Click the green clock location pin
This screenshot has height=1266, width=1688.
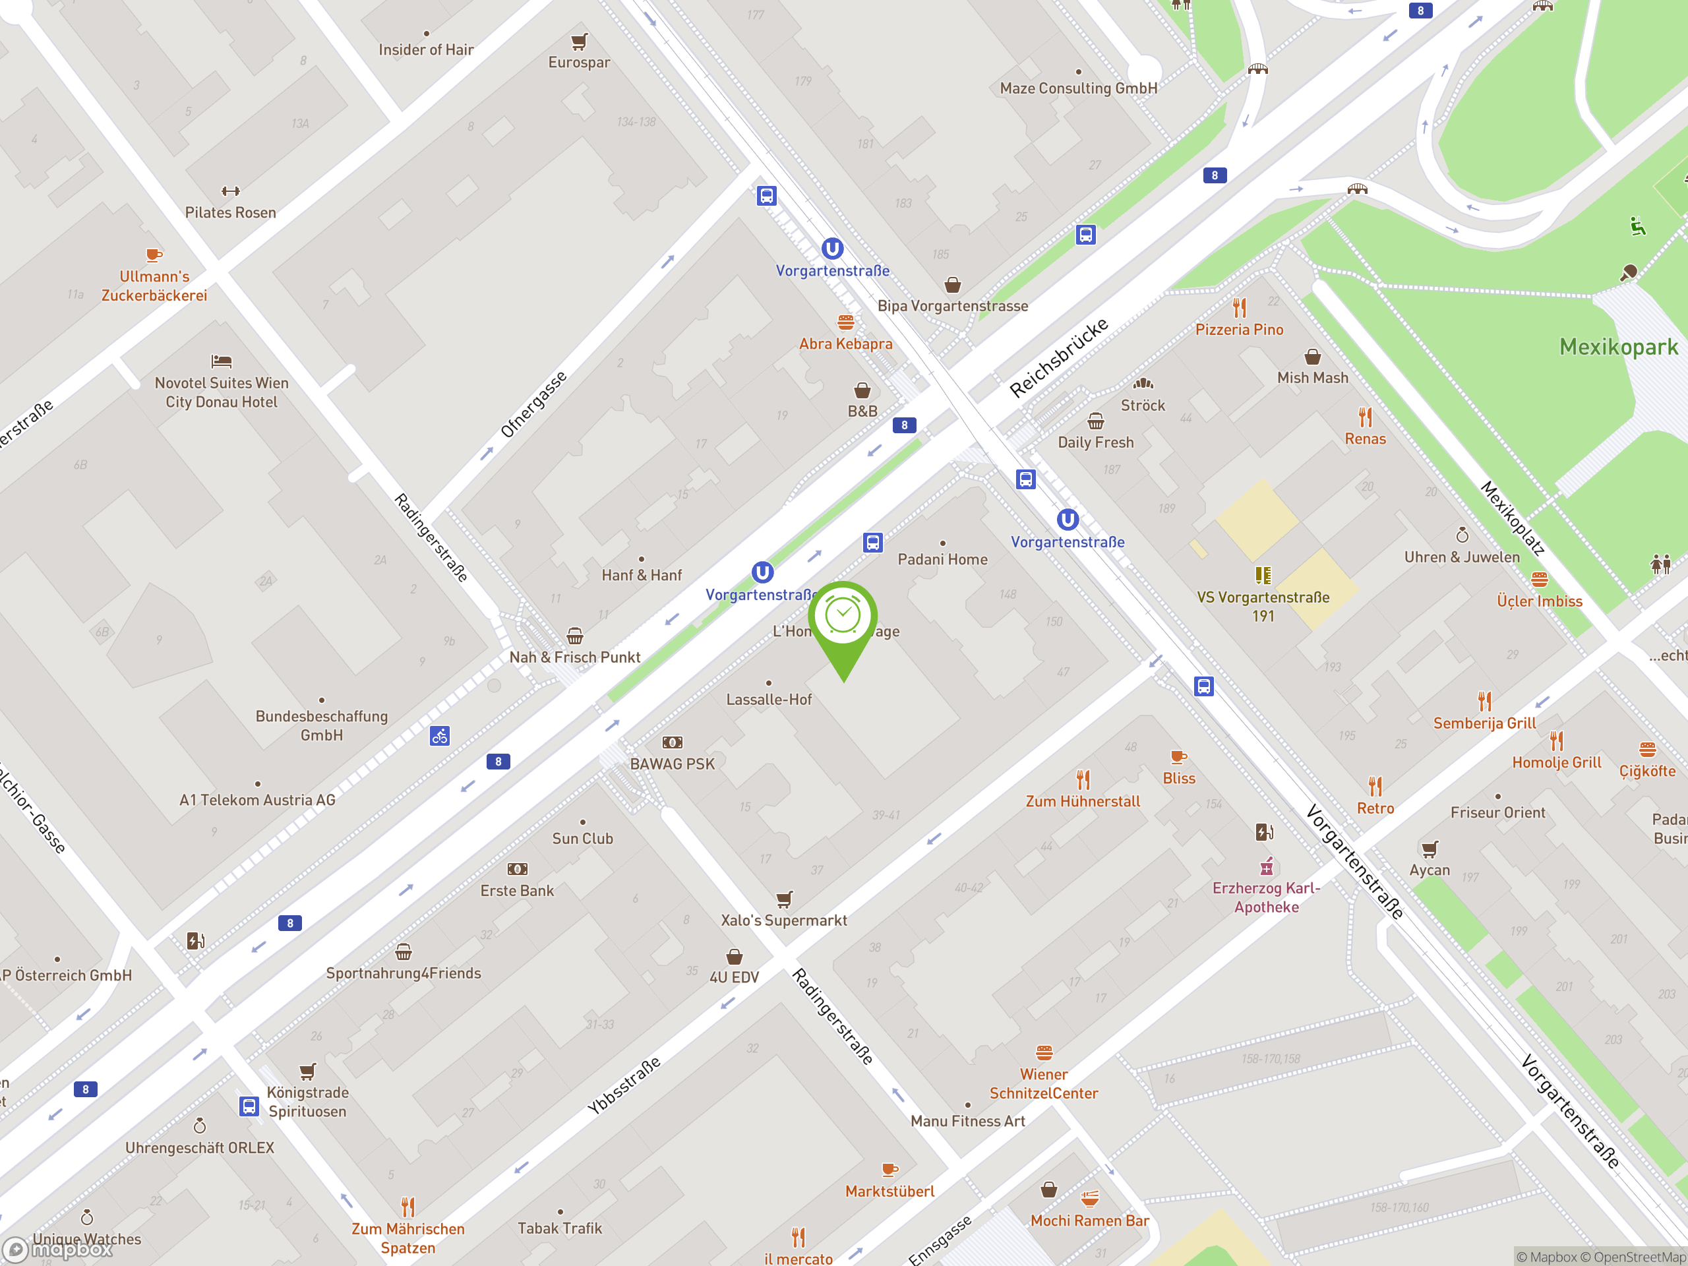pyautogui.click(x=843, y=617)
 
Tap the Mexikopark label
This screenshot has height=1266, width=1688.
pyautogui.click(x=1618, y=347)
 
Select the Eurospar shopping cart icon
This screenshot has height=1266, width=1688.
pyautogui.click(x=579, y=41)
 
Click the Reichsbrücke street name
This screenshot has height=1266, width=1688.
pyautogui.click(x=1058, y=358)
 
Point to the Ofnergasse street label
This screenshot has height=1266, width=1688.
pyautogui.click(x=533, y=404)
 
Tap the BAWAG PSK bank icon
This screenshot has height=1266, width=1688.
pyautogui.click(x=671, y=742)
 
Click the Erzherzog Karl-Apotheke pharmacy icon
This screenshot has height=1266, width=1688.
pyautogui.click(x=1266, y=867)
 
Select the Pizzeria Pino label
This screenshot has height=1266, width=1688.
pyautogui.click(x=1238, y=330)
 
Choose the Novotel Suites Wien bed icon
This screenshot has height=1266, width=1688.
pyautogui.click(x=222, y=361)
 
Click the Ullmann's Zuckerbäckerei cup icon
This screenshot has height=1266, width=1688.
pyautogui.click(x=154, y=255)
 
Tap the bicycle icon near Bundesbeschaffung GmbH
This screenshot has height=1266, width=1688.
pyautogui.click(x=440, y=737)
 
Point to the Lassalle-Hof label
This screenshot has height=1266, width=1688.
pyautogui.click(x=768, y=700)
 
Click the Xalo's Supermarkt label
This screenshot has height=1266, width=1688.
pyautogui.click(x=784, y=920)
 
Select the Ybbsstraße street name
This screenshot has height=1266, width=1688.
pyautogui.click(x=624, y=1086)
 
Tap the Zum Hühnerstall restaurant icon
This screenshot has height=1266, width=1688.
pyautogui.click(x=1083, y=780)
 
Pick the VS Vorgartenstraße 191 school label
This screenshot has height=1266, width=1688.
pyautogui.click(x=1262, y=607)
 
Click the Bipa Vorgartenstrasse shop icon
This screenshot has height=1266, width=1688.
pyautogui.click(x=952, y=286)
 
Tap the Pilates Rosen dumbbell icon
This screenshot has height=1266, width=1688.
pyautogui.click(x=231, y=191)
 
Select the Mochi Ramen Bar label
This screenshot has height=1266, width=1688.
pyautogui.click(x=1089, y=1221)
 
